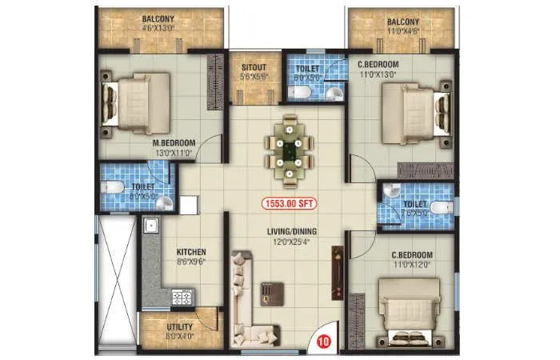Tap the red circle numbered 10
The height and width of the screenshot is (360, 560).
point(323,341)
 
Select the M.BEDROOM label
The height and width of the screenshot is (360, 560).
point(174,143)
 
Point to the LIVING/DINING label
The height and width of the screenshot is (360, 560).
point(290,233)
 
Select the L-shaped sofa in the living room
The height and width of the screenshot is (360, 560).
point(250,296)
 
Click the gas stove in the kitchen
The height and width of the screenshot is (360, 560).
point(182,298)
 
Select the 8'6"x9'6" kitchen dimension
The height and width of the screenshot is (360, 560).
point(191,261)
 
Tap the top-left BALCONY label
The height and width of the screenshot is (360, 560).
point(160,19)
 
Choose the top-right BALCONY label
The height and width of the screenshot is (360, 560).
point(404,22)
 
